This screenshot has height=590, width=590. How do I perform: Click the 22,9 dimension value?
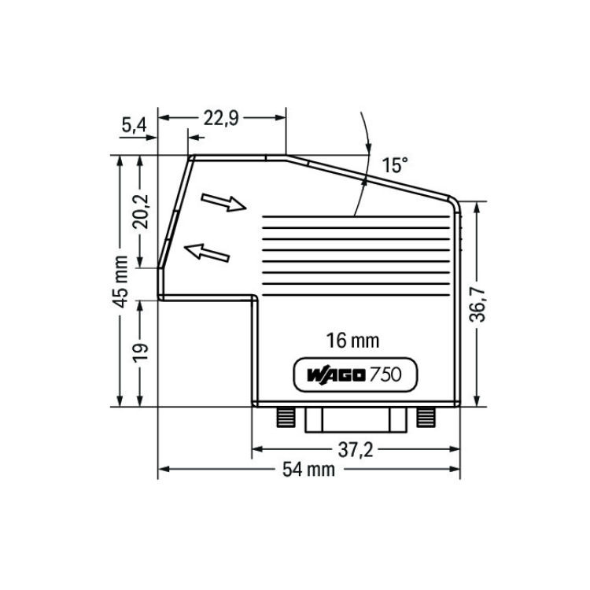pyautogui.click(x=221, y=118)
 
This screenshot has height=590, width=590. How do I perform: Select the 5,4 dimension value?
pyautogui.click(x=134, y=125)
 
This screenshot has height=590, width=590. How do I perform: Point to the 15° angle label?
pyautogui.click(x=395, y=165)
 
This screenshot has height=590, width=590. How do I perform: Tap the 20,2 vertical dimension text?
pyautogui.click(x=140, y=212)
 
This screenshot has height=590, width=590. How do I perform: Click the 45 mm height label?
pyautogui.click(x=121, y=282)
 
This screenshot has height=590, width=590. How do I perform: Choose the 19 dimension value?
pyautogui.click(x=141, y=352)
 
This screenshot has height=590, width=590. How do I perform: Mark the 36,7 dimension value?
pyautogui.click(x=478, y=304)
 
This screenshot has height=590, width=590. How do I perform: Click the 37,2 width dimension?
pyautogui.click(x=356, y=450)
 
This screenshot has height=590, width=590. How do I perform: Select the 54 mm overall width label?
pyautogui.click(x=308, y=470)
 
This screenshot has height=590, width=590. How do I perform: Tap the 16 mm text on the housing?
pyautogui.click(x=352, y=341)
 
